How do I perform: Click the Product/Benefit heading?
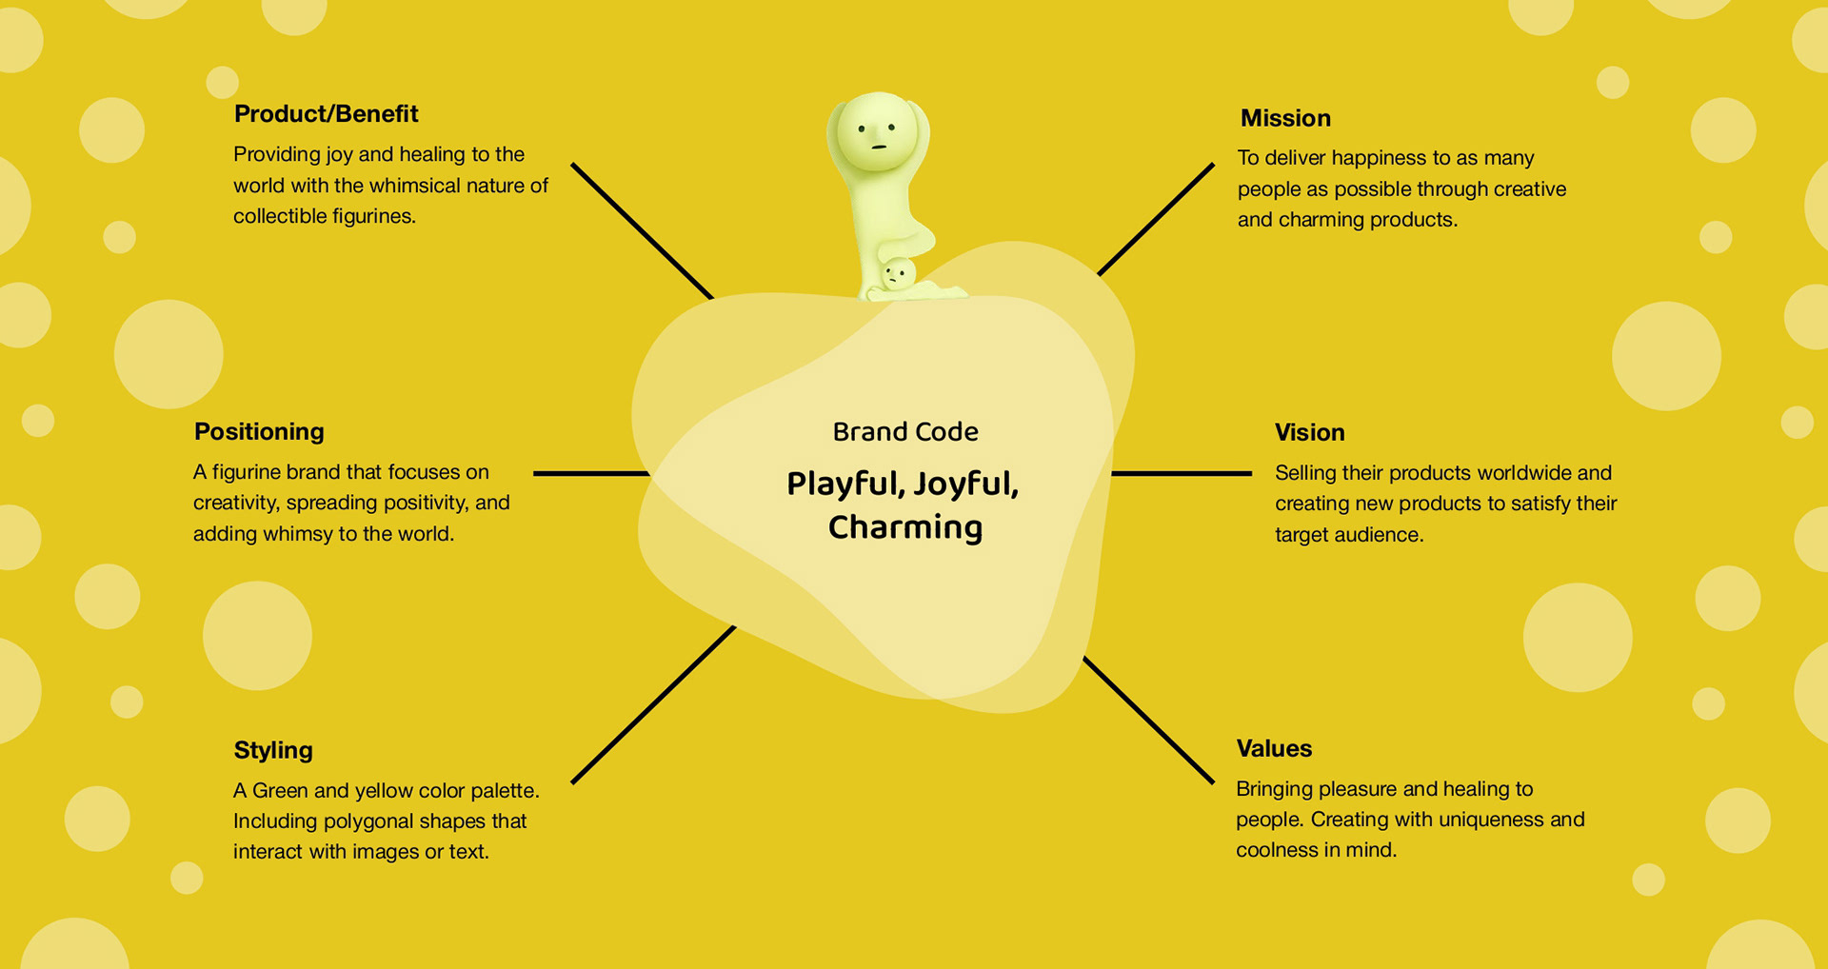click(326, 114)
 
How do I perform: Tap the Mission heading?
click(1285, 118)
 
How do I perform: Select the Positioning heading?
click(259, 432)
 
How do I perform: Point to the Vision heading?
click(1309, 433)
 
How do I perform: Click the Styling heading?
click(273, 750)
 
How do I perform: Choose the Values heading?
click(1274, 749)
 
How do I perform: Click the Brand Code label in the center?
click(905, 432)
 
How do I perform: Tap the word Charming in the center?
click(905, 528)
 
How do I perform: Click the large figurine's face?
click(877, 134)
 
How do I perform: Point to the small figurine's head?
click(896, 275)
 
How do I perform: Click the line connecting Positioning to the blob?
click(590, 473)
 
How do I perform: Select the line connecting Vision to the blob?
click(1182, 473)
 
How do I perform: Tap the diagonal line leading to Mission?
click(1156, 220)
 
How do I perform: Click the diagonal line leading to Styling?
click(653, 705)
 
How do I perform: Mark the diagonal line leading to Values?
click(1148, 721)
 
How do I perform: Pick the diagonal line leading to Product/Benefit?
click(642, 231)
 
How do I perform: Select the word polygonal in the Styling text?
click(382, 821)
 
